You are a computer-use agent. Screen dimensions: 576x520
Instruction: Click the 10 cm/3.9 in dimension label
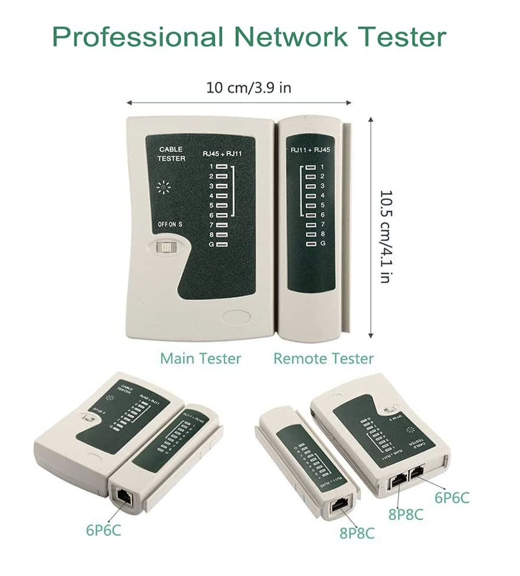[x=248, y=87]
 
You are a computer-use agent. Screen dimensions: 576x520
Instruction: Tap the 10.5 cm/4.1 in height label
[x=385, y=237]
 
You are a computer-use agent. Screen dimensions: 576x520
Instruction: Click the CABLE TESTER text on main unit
[x=171, y=154]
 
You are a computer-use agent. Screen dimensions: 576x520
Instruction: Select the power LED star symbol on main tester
[x=164, y=188]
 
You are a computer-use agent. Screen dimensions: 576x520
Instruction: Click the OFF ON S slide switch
[x=164, y=247]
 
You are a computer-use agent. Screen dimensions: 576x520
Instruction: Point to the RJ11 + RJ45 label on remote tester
[x=310, y=150]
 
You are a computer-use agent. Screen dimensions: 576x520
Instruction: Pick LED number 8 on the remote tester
[x=311, y=234]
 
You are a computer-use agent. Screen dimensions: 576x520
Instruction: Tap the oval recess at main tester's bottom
[x=236, y=317]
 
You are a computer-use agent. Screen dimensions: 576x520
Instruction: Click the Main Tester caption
[x=201, y=358]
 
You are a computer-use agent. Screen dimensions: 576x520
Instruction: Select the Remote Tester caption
[x=323, y=358]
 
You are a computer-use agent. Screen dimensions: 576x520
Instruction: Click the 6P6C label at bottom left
[x=103, y=530]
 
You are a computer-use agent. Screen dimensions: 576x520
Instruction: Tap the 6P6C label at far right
[x=452, y=497]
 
